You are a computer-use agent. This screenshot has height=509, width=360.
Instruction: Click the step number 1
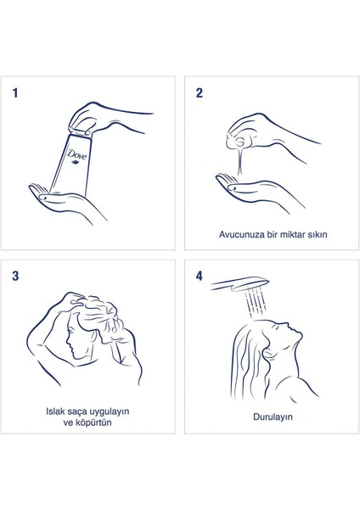15,93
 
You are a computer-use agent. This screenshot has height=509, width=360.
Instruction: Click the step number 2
200,93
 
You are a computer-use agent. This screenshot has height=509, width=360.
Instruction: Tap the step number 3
15,277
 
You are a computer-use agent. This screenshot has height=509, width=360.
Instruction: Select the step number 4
200,277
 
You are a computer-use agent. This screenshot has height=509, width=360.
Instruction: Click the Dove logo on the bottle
76,155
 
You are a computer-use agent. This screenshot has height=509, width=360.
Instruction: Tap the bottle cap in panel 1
80,131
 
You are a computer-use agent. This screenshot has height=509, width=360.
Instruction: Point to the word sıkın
317,234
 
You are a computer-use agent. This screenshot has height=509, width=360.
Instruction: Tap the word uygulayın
109,412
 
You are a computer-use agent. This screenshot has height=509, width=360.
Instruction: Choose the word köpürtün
93,422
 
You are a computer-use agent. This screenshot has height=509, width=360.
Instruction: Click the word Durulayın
273,417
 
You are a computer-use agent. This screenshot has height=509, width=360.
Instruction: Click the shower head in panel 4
240,283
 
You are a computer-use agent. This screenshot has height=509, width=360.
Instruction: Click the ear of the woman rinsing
268,353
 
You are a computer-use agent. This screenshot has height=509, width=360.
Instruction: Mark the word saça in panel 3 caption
77,412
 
